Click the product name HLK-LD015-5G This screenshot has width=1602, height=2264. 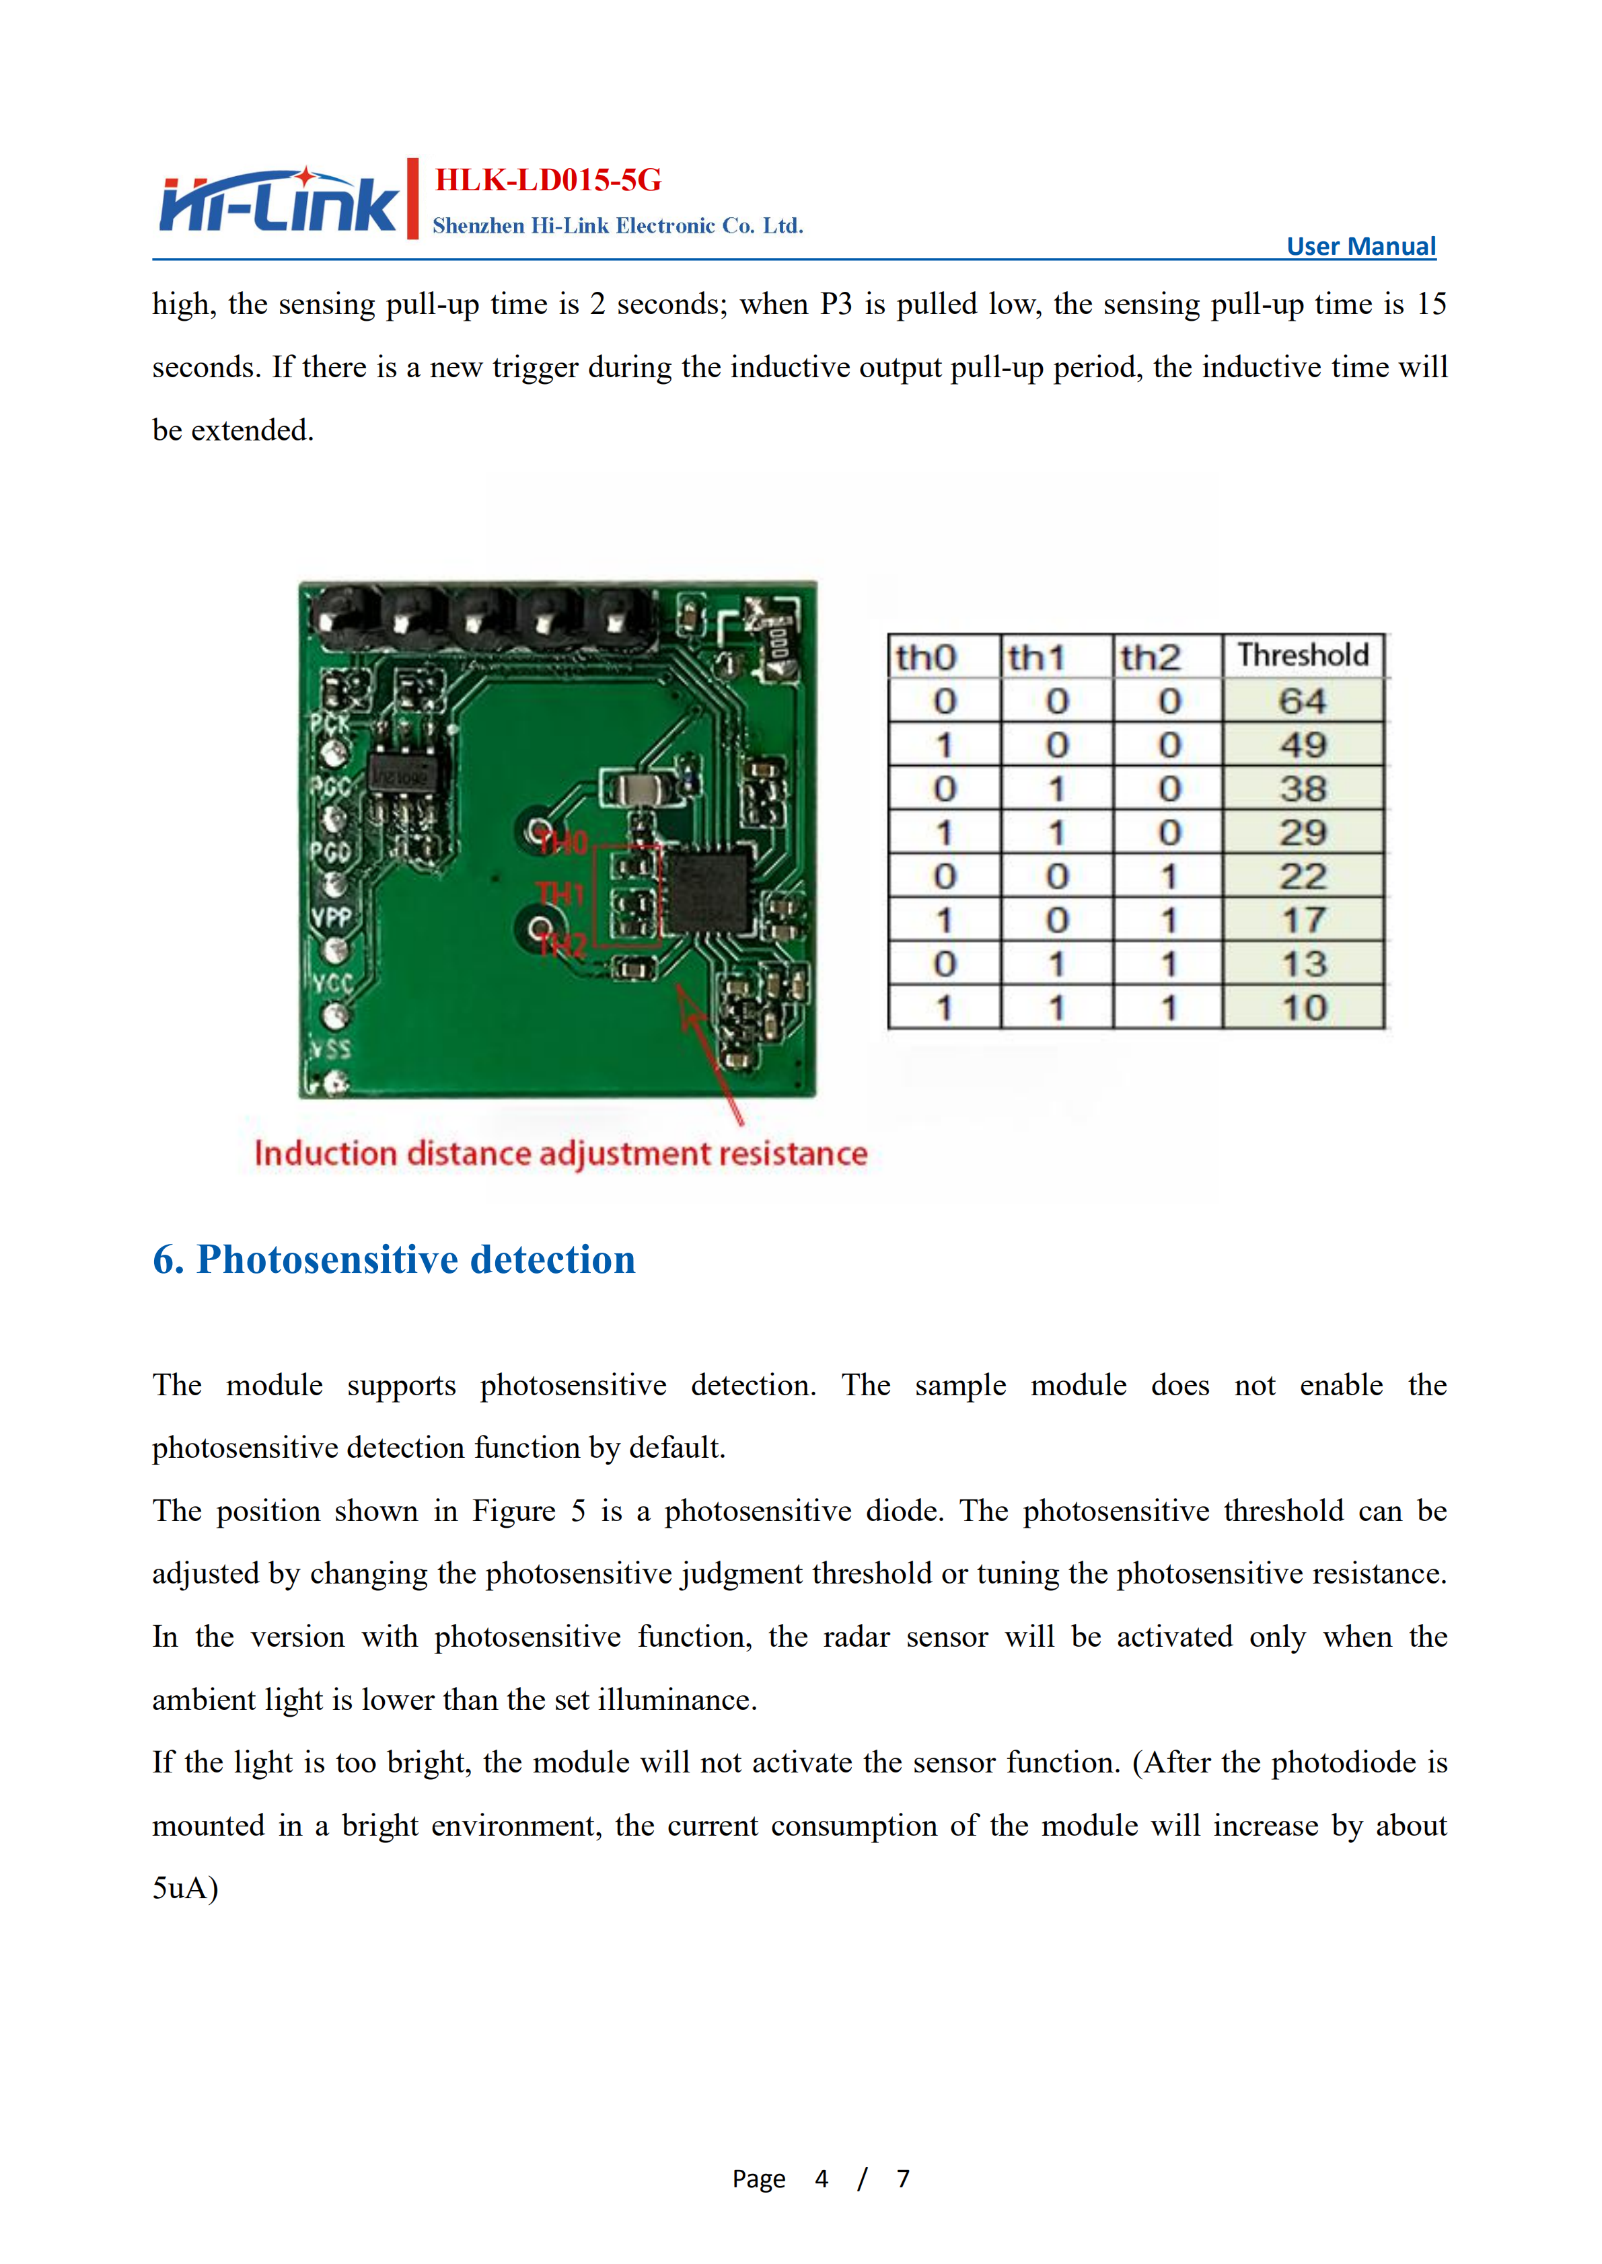[548, 180]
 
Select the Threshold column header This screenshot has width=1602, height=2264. [1303, 655]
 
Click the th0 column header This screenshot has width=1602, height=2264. [926, 657]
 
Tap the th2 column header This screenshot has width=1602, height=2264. [1151, 657]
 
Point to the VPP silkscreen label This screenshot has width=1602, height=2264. [332, 917]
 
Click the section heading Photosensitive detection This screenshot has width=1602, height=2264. [394, 1259]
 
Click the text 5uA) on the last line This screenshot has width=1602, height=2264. [186, 1887]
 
